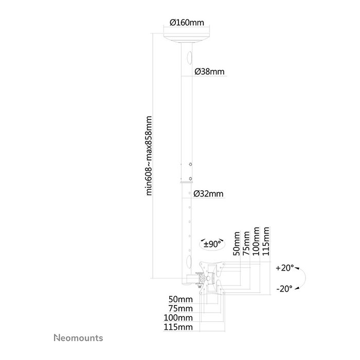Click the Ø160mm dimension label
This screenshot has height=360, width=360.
(x=187, y=23)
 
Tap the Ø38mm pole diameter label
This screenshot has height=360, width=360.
(x=209, y=71)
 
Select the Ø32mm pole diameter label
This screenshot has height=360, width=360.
(x=208, y=194)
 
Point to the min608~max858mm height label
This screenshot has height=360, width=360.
(x=149, y=156)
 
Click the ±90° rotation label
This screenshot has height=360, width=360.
(x=212, y=244)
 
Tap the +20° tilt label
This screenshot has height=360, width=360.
(x=285, y=268)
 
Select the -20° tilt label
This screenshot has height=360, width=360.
(x=284, y=289)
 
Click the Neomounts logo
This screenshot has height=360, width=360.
(x=78, y=338)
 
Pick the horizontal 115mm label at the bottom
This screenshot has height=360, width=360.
(x=178, y=327)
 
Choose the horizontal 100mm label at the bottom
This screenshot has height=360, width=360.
(x=178, y=318)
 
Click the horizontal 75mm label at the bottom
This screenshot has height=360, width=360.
(x=181, y=309)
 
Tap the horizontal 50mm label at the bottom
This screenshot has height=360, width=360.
(x=181, y=299)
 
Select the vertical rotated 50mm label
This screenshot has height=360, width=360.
(x=237, y=244)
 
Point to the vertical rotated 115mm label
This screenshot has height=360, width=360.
(x=266, y=241)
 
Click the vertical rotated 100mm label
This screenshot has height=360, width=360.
(x=256, y=241)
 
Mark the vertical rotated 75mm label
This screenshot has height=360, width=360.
(x=246, y=244)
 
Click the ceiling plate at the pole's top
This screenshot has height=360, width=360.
(x=187, y=38)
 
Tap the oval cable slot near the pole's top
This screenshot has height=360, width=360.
(x=190, y=58)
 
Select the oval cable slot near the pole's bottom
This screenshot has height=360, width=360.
(x=189, y=262)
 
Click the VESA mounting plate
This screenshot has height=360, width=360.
(x=212, y=279)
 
